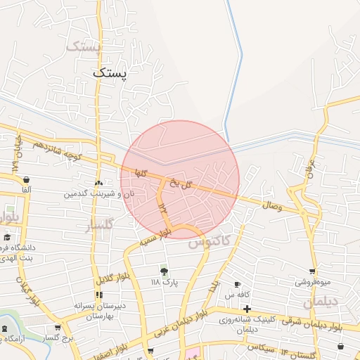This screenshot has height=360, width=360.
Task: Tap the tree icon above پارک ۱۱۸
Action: point(165,271)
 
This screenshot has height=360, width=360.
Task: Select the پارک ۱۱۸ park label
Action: point(165,282)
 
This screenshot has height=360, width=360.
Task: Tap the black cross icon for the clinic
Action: point(247,309)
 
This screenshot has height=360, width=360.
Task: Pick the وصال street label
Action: point(271,206)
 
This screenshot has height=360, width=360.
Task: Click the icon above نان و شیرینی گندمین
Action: point(98,183)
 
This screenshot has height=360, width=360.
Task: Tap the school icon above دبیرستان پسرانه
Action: point(98,295)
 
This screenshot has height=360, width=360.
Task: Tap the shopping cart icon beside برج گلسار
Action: point(58,328)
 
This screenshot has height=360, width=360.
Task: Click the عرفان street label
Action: point(307,170)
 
